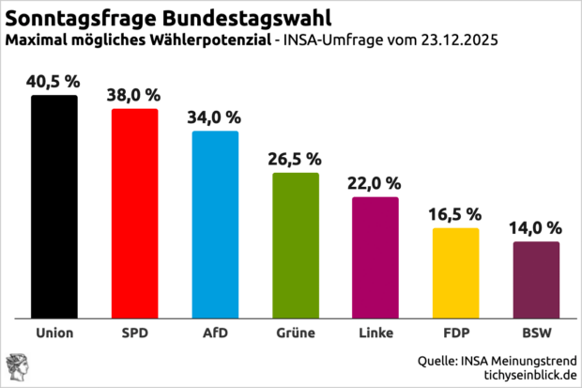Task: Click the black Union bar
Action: [54, 207]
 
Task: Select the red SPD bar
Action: [135, 213]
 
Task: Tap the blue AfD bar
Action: [215, 225]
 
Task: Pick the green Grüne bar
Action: [296, 245]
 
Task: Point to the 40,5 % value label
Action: [54, 81]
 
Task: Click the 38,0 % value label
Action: [135, 95]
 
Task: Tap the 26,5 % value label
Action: [296, 158]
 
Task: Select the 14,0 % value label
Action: [536, 227]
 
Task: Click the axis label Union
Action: [54, 333]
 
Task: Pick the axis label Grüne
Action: [296, 333]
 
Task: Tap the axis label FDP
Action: [456, 333]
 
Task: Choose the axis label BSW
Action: [536, 333]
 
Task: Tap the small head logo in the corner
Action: [17, 366]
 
